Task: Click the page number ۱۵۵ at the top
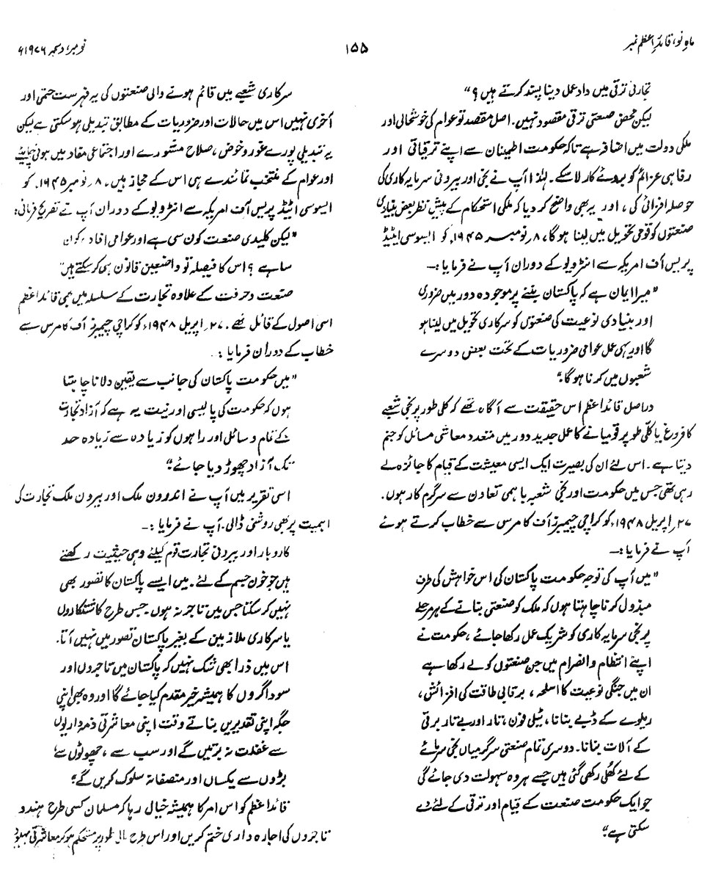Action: point(356,51)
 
